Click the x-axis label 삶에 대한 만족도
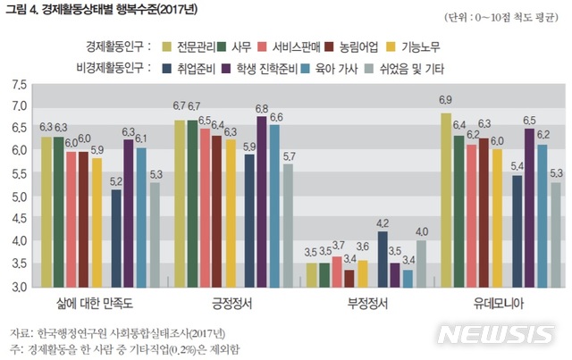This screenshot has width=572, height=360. [x=97, y=305]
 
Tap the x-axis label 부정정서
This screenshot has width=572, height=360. [x=367, y=305]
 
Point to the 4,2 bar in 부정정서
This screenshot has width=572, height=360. [x=383, y=259]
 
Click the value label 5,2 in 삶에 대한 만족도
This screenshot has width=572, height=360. [x=116, y=181]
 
